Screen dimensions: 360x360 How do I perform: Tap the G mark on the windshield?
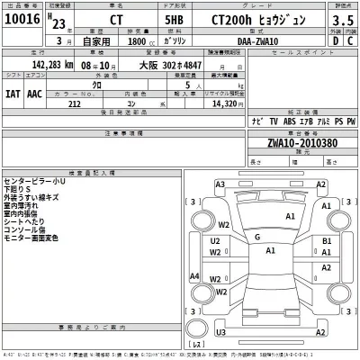[x=257, y=237]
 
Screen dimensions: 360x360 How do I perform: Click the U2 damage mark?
[x=215, y=241]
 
